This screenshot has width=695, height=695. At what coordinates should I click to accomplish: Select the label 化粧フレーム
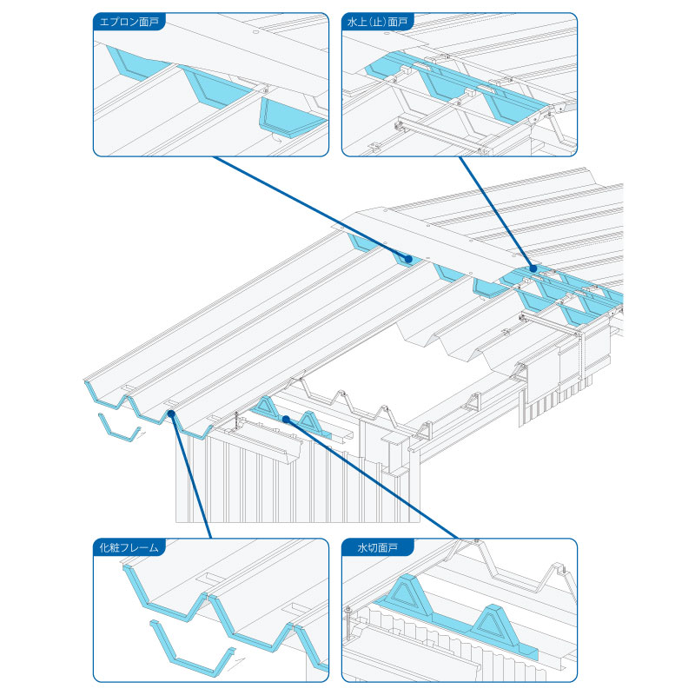pos(130,547)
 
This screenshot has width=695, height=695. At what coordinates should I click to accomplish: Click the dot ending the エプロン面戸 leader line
pos(407,258)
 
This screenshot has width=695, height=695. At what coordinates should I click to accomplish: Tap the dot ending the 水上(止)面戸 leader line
pos(533,269)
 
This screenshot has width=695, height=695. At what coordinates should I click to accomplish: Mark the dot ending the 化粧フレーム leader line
pos(173,415)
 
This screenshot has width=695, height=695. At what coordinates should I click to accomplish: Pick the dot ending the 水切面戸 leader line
pos(285,419)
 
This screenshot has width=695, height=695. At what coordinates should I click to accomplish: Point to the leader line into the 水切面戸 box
pos(374,479)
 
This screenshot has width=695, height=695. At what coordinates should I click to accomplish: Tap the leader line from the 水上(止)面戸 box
pos(494,213)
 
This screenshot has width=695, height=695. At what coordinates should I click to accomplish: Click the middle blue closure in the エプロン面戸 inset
pos(212,87)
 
